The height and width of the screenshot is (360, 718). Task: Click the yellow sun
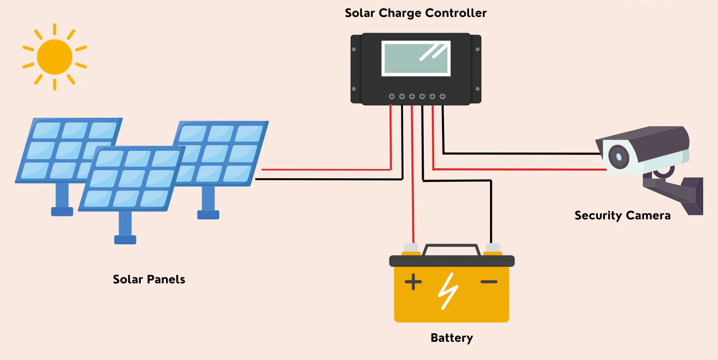[55, 57]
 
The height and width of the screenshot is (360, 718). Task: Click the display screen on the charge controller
[416, 58]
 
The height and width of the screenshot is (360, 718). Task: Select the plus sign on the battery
[413, 282]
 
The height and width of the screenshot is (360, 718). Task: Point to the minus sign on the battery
[489, 282]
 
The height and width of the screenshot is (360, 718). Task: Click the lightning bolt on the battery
[448, 291]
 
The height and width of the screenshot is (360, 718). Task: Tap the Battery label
[452, 338]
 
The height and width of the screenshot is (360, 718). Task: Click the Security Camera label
[622, 216]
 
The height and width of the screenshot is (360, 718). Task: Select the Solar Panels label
[149, 280]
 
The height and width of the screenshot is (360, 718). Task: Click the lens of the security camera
[619, 157]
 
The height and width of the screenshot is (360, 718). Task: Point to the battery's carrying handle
[451, 247]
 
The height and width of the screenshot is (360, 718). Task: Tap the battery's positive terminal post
[411, 248]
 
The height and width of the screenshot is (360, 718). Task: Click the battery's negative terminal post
[493, 248]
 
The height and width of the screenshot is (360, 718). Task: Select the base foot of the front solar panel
[125, 240]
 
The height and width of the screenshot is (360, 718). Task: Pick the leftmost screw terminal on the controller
[392, 97]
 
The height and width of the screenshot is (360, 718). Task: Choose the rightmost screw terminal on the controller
[442, 97]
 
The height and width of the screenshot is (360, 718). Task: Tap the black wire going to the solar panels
[330, 179]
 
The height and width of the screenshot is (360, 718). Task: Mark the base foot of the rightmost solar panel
[208, 215]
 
